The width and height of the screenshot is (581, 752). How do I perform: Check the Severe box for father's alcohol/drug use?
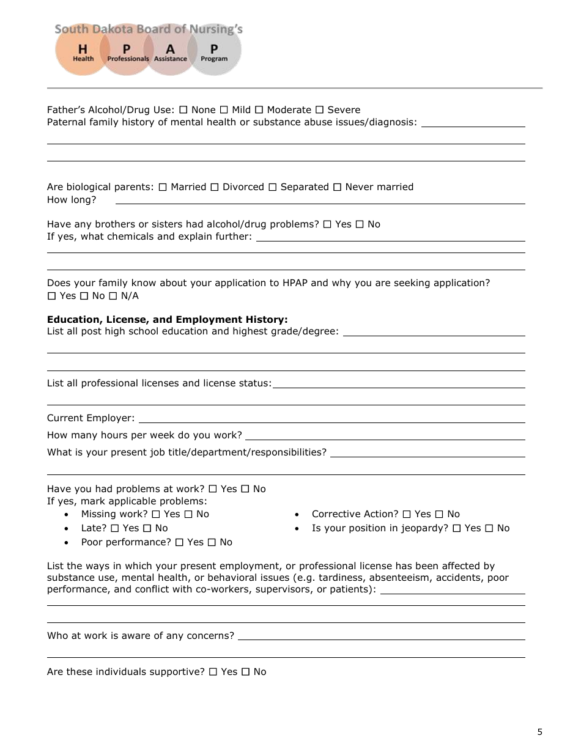pyautogui.click(x=319, y=110)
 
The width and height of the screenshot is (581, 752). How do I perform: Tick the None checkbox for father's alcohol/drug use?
pyautogui.click(x=183, y=110)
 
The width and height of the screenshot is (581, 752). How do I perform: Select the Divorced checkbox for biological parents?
pyautogui.click(x=214, y=187)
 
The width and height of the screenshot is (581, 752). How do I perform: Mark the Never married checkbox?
pyautogui.click(x=337, y=187)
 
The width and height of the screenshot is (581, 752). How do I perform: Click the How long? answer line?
pyautogui.click(x=320, y=200)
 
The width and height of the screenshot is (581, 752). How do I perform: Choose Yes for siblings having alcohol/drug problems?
pyautogui.click(x=327, y=224)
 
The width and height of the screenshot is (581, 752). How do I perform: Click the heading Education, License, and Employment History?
pyautogui.click(x=167, y=320)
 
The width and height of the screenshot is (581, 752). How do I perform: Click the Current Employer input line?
pyautogui.click(x=331, y=419)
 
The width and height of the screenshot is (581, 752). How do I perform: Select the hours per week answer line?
pyautogui.click(x=385, y=436)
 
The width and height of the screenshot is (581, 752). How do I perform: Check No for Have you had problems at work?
pyautogui.click(x=245, y=489)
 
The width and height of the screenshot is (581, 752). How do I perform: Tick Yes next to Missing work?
pyautogui.click(x=155, y=514)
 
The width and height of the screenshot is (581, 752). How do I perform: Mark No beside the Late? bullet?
pyautogui.click(x=147, y=528)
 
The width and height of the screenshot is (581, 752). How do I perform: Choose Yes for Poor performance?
pyautogui.click(x=179, y=542)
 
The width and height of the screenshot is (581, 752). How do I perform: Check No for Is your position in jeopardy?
pyautogui.click(x=489, y=528)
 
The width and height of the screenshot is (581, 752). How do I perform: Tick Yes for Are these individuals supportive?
pyautogui.click(x=213, y=672)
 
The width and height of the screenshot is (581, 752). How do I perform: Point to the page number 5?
pyautogui.click(x=539, y=732)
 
